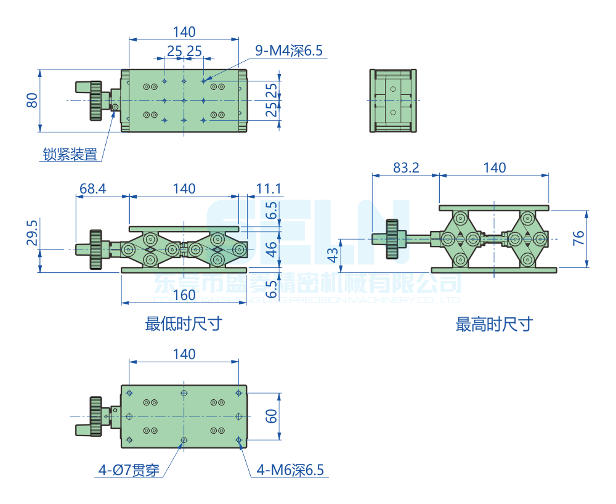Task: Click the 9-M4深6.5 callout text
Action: coord(289,51)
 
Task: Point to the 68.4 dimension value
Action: coord(93,189)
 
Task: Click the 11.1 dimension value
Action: coord(269,189)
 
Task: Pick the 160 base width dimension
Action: coord(184,295)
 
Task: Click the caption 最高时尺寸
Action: coord(494,324)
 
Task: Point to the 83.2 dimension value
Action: coord(406,168)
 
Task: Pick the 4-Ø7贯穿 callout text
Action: coord(129,471)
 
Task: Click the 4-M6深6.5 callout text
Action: coord(290,471)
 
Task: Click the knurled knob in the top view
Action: coord(95,100)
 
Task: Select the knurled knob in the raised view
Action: coord(393,239)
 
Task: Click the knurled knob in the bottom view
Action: coord(95,417)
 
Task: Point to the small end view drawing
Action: coord(394,100)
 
